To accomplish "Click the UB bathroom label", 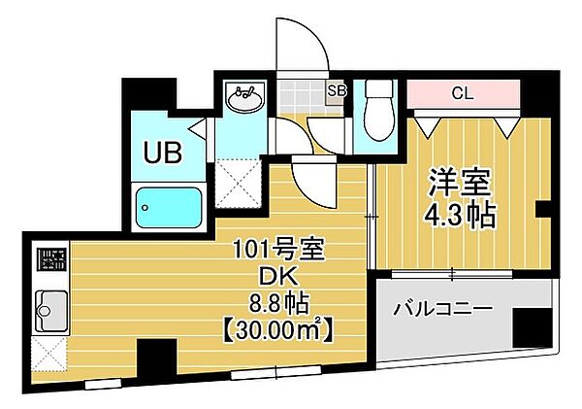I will [162, 152].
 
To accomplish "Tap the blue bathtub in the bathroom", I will [168, 206].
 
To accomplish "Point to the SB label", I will [336, 92].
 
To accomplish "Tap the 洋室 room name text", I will [461, 183].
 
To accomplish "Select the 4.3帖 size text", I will [461, 214].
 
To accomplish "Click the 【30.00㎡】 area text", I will [284, 331].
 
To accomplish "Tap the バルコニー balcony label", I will [442, 311].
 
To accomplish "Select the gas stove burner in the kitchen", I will [50, 260].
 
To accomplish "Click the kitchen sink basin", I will [48, 311].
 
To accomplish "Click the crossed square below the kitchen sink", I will [49, 354].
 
